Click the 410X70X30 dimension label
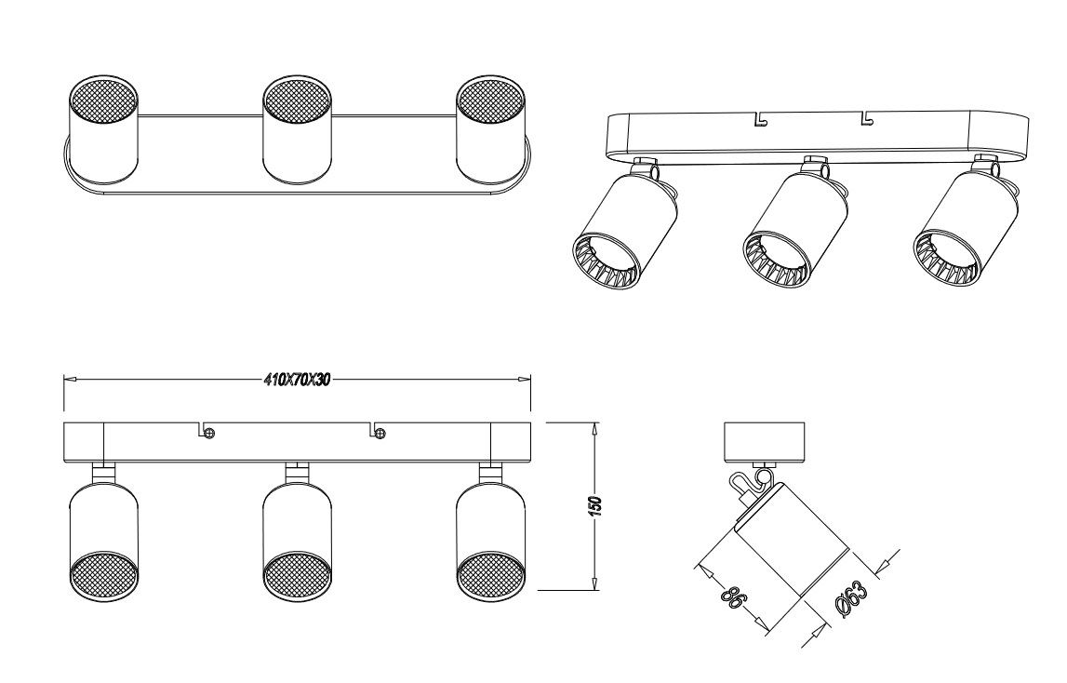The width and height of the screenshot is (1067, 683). coord(297,380)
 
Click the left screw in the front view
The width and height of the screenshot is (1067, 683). coord(209,433)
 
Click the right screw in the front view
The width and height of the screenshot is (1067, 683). coord(380,433)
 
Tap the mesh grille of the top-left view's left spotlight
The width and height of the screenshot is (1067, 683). coord(104,101)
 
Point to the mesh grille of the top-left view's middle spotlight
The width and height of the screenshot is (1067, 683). coord(298,101)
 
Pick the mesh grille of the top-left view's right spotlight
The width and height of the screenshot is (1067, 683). coord(490,101)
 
